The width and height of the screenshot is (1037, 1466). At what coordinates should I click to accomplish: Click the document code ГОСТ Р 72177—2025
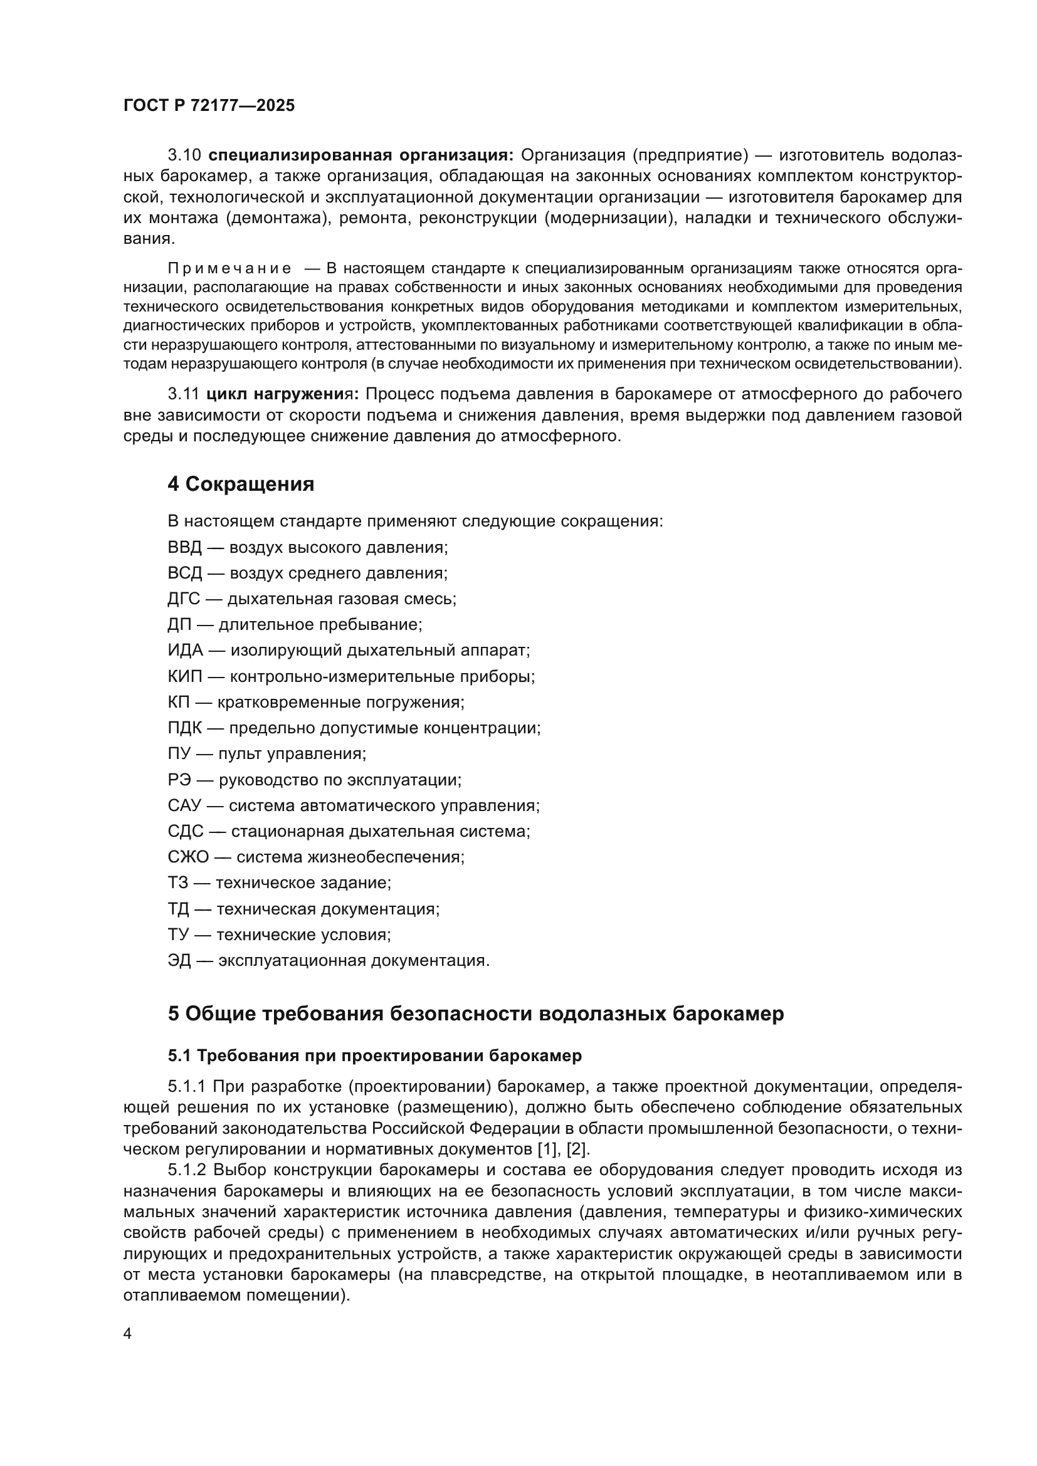coord(209,106)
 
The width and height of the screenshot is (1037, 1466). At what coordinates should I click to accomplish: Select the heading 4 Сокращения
coord(241,484)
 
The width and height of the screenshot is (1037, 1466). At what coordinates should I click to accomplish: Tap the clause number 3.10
coord(184,155)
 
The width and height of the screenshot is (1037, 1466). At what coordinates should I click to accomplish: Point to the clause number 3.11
coord(184,395)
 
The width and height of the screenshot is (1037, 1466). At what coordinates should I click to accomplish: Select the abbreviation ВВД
coord(184,547)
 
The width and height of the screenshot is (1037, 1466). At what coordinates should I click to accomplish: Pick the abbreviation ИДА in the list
coord(185,651)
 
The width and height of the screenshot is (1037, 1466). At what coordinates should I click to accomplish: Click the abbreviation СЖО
coord(187,857)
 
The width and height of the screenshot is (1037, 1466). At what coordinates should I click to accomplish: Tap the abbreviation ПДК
coord(184,728)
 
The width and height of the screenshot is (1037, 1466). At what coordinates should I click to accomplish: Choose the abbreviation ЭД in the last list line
coord(179,960)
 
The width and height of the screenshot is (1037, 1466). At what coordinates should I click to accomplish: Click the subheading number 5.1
coord(179,1055)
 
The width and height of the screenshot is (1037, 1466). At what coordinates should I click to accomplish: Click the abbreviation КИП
coord(184,676)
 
